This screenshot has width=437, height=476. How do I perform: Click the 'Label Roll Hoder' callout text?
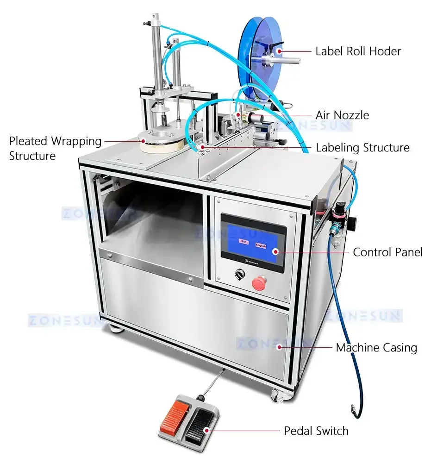358,51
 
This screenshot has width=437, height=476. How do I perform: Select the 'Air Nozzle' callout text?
342,115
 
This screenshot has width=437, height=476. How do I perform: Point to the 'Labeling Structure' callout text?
362,148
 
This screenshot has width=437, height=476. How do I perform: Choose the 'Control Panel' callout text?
387,252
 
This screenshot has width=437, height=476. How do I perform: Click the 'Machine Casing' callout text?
376,347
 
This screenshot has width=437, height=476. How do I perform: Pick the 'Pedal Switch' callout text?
316,431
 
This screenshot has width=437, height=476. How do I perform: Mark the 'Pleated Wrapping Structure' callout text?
55,148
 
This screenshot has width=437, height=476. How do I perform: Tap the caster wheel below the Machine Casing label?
278,394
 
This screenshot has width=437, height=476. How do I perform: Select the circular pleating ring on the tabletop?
157,141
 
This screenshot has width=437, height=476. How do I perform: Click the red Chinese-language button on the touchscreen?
243,241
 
